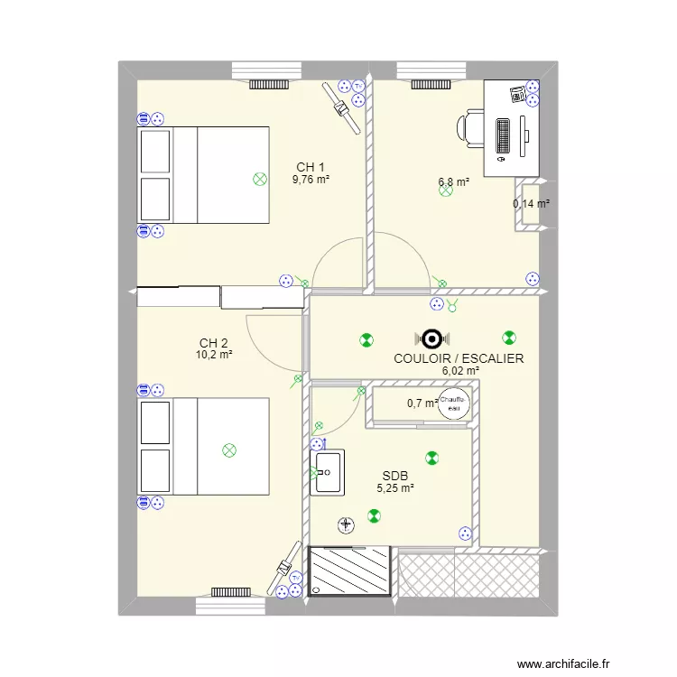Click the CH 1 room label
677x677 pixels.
pos(311,167)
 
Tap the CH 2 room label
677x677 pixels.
pos(214,343)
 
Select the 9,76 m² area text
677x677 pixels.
pos(311,180)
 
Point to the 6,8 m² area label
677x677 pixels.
pos(454,182)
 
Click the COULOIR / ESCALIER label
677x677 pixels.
pos(459,358)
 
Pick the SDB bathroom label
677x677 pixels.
pos(394,476)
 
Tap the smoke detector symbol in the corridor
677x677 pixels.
pos(431,339)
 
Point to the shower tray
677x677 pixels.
pos(349,570)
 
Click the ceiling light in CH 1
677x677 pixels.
pos(261,179)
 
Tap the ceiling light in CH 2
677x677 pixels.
pos(229,449)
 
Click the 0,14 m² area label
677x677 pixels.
pos(531,204)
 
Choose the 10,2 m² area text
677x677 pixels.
pos(214,356)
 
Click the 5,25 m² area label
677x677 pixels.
pos(395,488)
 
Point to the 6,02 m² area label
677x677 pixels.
pos(460,370)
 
